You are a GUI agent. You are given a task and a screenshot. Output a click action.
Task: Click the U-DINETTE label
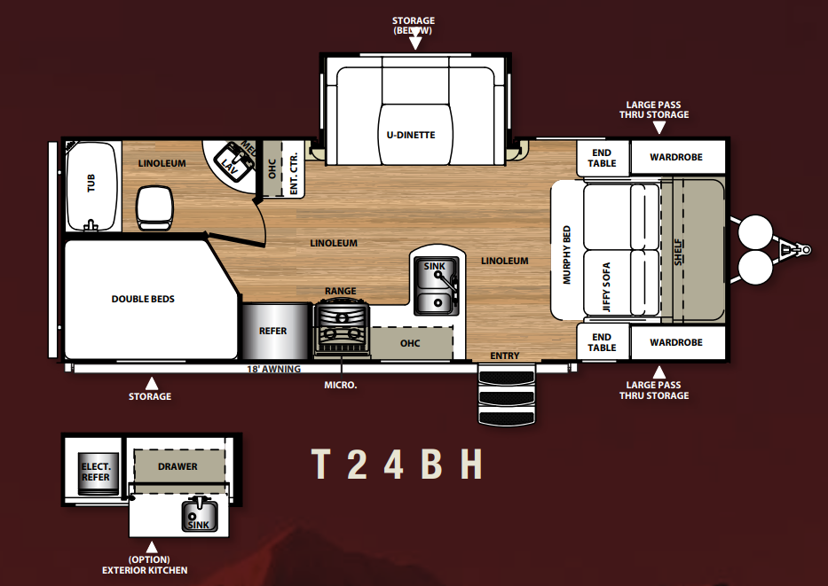tap(411, 135)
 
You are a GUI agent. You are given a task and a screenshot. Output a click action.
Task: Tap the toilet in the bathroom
tap(154, 207)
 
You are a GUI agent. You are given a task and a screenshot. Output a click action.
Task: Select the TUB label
tap(91, 184)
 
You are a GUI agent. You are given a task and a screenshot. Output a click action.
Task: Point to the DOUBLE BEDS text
tap(143, 299)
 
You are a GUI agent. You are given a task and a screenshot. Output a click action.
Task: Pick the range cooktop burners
tap(342, 327)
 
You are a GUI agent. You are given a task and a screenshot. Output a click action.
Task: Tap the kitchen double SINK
tap(437, 286)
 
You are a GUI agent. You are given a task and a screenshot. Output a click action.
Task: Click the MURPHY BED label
tap(567, 255)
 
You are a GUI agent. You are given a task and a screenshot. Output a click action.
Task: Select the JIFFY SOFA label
tap(605, 287)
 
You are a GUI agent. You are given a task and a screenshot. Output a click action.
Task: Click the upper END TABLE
tap(603, 158)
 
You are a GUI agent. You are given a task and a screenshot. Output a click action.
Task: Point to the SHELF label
tap(679, 252)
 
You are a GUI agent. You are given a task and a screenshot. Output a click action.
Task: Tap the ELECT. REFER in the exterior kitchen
tap(96, 472)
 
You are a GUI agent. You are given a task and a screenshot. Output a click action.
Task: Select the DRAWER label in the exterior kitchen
tap(178, 467)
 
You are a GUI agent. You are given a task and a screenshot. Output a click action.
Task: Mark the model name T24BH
tap(397, 465)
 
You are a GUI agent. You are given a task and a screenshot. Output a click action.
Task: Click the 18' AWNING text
tap(273, 369)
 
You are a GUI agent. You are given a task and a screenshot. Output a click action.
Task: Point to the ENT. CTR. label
tap(294, 173)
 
